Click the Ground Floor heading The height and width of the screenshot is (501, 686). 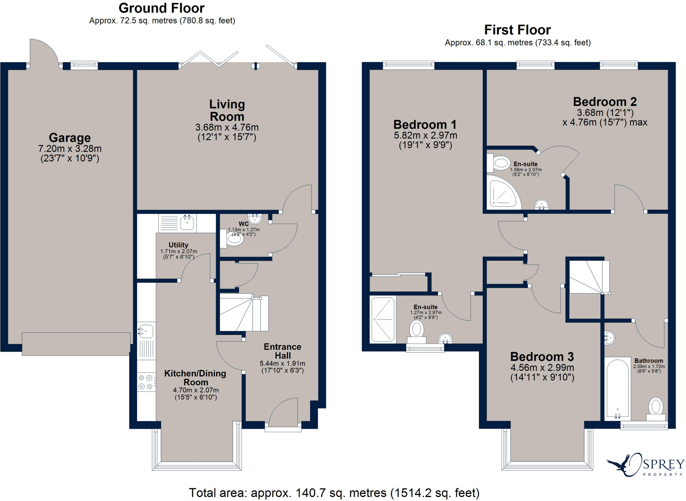tap(161, 8)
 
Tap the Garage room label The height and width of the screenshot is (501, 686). tap(70, 138)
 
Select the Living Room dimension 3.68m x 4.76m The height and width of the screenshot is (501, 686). tap(227, 127)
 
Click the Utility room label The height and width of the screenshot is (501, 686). tap(178, 245)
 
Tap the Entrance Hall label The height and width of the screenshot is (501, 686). tap(282, 351)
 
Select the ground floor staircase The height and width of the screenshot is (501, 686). tap(244, 313)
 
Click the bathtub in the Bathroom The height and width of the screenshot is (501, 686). tap(617, 388)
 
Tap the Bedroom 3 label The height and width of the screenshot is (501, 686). tap(542, 357)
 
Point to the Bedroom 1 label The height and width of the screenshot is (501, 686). tap(425, 125)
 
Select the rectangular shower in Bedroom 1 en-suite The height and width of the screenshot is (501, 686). tap(383, 319)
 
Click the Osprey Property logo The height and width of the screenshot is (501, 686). tap(645, 465)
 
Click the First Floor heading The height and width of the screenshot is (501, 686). tap(517, 30)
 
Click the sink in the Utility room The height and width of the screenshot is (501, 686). tap(187, 223)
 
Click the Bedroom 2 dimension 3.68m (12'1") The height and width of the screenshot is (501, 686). tap(605, 113)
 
